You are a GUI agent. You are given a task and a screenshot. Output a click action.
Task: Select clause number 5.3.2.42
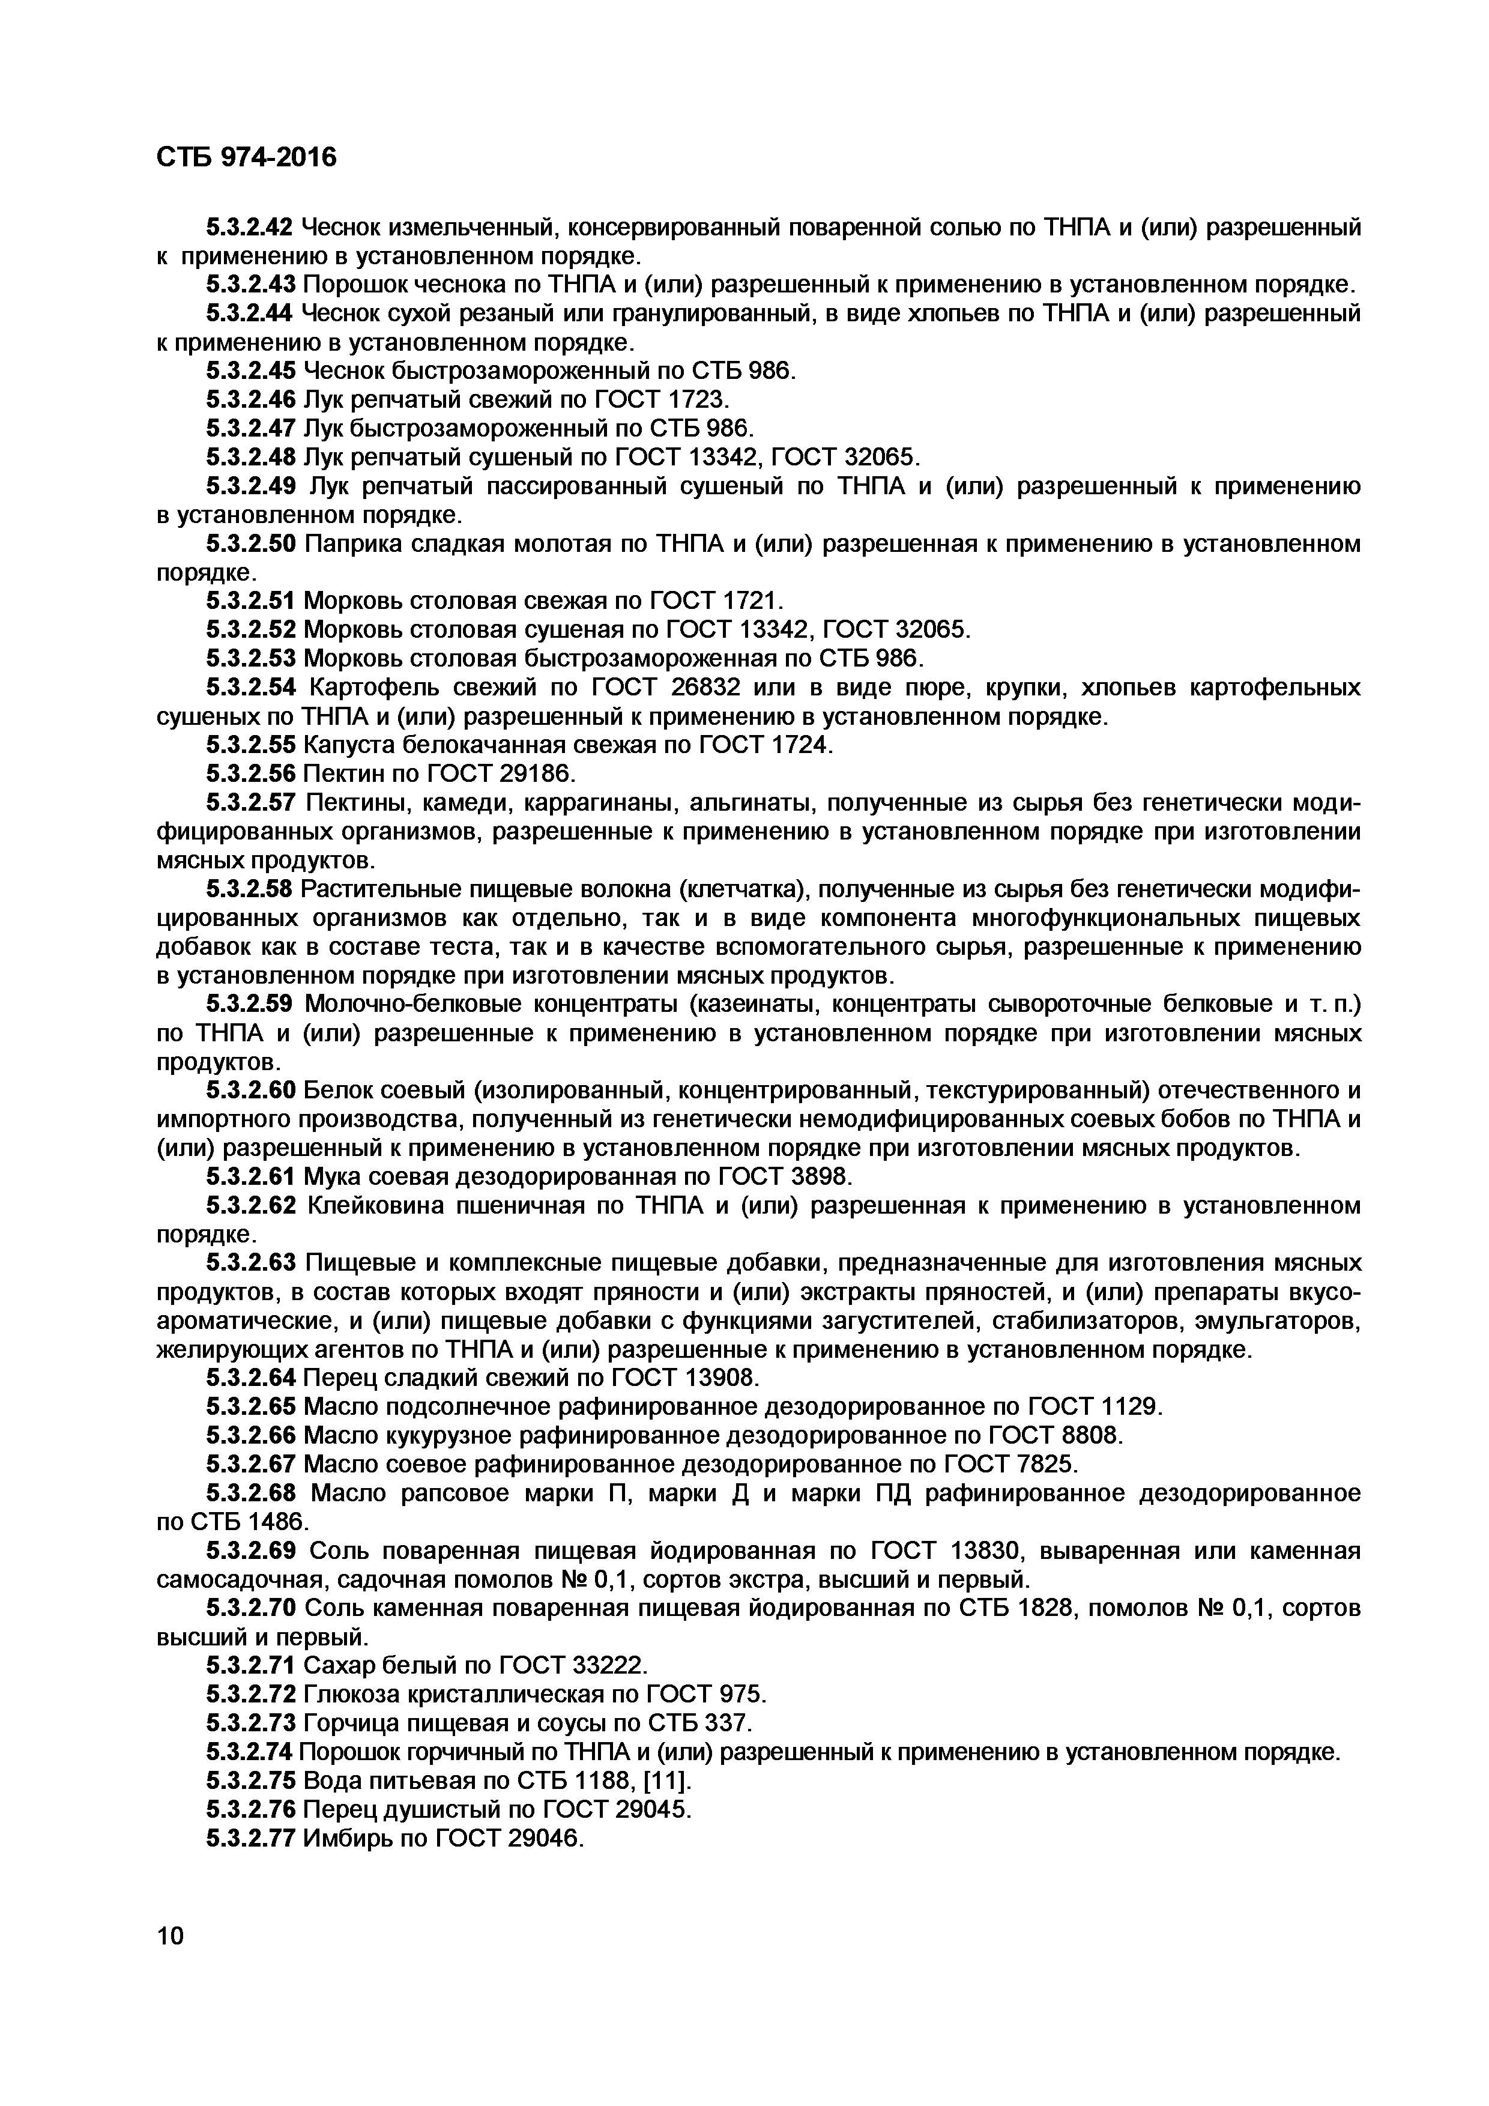tap(249, 226)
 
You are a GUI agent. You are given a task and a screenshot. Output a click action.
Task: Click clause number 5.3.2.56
tap(249, 774)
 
